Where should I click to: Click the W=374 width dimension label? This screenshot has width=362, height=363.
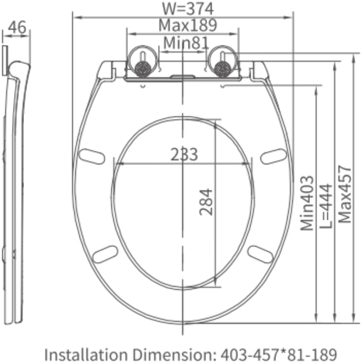(x=188, y=9)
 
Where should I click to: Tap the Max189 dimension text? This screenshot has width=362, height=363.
(x=188, y=25)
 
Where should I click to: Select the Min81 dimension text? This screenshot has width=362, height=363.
(x=186, y=43)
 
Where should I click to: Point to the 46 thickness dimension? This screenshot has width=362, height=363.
(x=17, y=27)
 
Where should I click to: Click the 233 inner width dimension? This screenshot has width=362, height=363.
(x=184, y=155)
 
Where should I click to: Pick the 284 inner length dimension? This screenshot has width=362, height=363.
(x=206, y=202)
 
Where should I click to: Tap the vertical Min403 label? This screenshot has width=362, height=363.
(x=307, y=203)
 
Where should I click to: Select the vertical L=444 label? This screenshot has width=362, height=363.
(x=326, y=206)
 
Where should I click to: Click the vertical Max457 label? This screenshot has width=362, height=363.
(x=345, y=194)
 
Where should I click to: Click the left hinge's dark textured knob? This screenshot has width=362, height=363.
(x=142, y=68)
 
